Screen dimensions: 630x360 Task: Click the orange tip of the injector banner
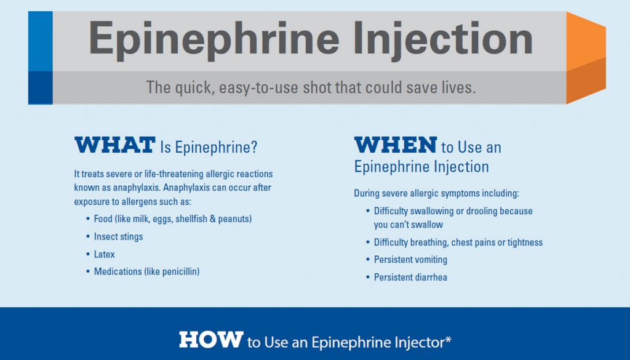[x=586, y=57]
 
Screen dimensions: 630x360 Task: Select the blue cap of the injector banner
[x=40, y=57]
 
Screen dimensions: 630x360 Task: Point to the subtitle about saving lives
[x=311, y=87]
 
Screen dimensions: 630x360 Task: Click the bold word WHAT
[x=115, y=145]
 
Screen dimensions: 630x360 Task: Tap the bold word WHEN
[x=396, y=145]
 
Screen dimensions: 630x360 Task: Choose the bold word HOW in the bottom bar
[x=211, y=340]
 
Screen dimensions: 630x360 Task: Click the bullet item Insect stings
[x=118, y=237]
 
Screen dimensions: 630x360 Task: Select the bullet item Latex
[x=104, y=254]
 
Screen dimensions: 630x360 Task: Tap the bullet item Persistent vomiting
[x=410, y=260]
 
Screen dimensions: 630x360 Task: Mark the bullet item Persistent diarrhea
[x=410, y=278]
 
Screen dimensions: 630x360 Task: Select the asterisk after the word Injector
[x=448, y=340]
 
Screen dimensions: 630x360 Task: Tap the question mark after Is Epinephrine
[x=253, y=147]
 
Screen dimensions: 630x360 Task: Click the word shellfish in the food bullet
[x=191, y=219]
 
